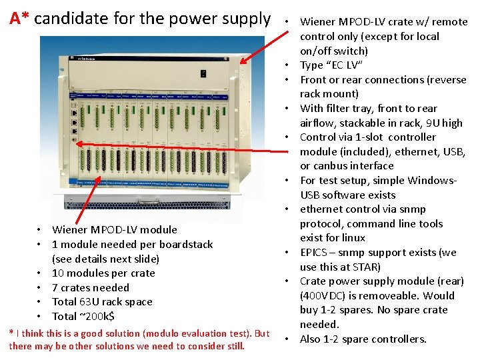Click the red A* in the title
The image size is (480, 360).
(19, 19)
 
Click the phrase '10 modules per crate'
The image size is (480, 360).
(103, 273)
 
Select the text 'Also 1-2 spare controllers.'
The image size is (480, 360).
(363, 339)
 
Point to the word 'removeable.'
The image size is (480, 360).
(390, 295)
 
